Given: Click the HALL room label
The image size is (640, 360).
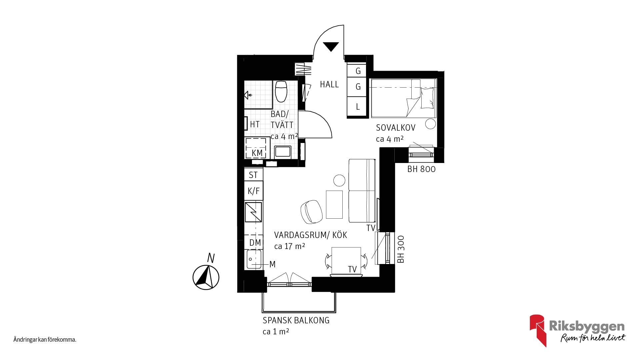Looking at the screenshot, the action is [x=329, y=85].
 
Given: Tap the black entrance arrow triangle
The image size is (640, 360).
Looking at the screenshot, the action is [x=331, y=46].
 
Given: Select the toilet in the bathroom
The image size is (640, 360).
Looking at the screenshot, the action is [x=281, y=91].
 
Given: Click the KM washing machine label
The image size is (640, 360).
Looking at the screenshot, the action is [x=257, y=153].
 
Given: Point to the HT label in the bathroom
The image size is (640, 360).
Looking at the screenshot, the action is [x=255, y=124].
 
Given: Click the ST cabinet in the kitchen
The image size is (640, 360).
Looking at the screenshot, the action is [x=253, y=175].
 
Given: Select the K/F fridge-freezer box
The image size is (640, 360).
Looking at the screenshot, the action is [x=253, y=191].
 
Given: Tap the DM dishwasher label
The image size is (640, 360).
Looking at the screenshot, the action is [x=255, y=243].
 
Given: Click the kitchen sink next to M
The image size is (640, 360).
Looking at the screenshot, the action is [x=254, y=260].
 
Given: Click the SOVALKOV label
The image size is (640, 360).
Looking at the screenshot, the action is [x=396, y=128].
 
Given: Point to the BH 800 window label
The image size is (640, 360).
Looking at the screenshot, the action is [x=421, y=169].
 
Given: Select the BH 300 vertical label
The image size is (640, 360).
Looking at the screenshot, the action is [x=401, y=249].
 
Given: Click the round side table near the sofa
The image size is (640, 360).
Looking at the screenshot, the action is [x=339, y=180].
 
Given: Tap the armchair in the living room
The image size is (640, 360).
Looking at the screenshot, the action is [x=311, y=212].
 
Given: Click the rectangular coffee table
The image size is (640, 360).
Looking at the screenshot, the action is [x=334, y=204].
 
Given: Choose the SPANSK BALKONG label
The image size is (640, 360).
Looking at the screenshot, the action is [x=296, y=320].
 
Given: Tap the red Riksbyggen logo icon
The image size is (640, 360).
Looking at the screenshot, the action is [x=538, y=330].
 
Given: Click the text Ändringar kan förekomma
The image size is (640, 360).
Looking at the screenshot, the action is [x=45, y=340].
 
